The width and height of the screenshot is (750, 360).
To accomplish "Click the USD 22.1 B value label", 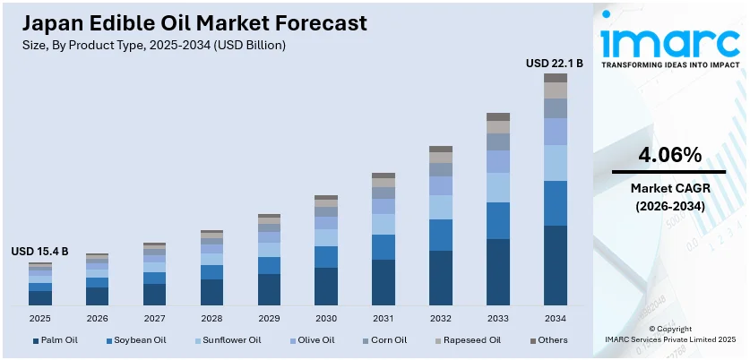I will [x=554, y=63].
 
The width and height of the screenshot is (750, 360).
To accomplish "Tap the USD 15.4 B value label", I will [x=39, y=253].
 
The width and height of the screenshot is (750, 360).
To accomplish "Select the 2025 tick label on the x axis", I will [x=39, y=318].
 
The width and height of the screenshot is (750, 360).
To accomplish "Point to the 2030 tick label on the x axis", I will [x=326, y=318].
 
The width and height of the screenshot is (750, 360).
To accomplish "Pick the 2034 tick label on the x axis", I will [x=556, y=318].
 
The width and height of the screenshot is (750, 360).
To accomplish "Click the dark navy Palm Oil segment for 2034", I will [x=556, y=265].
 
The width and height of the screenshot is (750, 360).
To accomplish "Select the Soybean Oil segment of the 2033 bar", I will [x=498, y=220].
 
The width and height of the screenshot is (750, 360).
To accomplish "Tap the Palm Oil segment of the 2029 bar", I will [x=269, y=289].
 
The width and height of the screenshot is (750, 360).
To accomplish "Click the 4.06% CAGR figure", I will [x=669, y=155].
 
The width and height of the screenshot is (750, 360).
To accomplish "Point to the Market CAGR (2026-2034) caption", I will [x=669, y=197].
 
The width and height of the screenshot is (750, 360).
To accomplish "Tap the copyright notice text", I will [x=670, y=335].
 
